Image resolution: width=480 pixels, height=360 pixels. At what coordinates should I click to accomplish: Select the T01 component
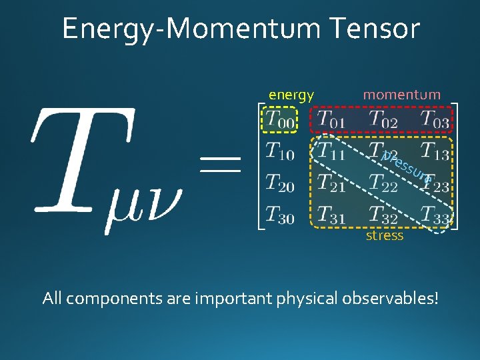(331, 120)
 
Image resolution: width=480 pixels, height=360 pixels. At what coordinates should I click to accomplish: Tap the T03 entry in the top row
(435, 120)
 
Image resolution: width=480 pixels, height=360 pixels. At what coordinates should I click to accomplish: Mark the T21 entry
(331, 183)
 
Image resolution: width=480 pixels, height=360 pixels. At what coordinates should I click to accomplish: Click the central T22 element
(383, 183)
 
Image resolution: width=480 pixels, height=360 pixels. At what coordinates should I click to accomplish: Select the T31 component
(331, 214)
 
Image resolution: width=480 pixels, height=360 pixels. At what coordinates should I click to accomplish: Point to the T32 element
(383, 214)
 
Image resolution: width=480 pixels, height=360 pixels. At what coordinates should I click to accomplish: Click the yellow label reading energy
(291, 95)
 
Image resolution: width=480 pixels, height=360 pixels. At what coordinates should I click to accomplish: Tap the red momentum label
(401, 95)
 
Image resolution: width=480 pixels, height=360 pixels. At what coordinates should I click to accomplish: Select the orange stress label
(385, 236)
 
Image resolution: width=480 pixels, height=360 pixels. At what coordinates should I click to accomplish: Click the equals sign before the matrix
(220, 163)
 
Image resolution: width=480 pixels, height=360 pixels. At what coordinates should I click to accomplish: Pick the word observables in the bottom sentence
(389, 297)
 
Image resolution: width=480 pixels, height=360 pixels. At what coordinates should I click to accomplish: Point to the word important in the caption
(232, 297)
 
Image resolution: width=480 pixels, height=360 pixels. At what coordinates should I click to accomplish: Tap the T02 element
(383, 120)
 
